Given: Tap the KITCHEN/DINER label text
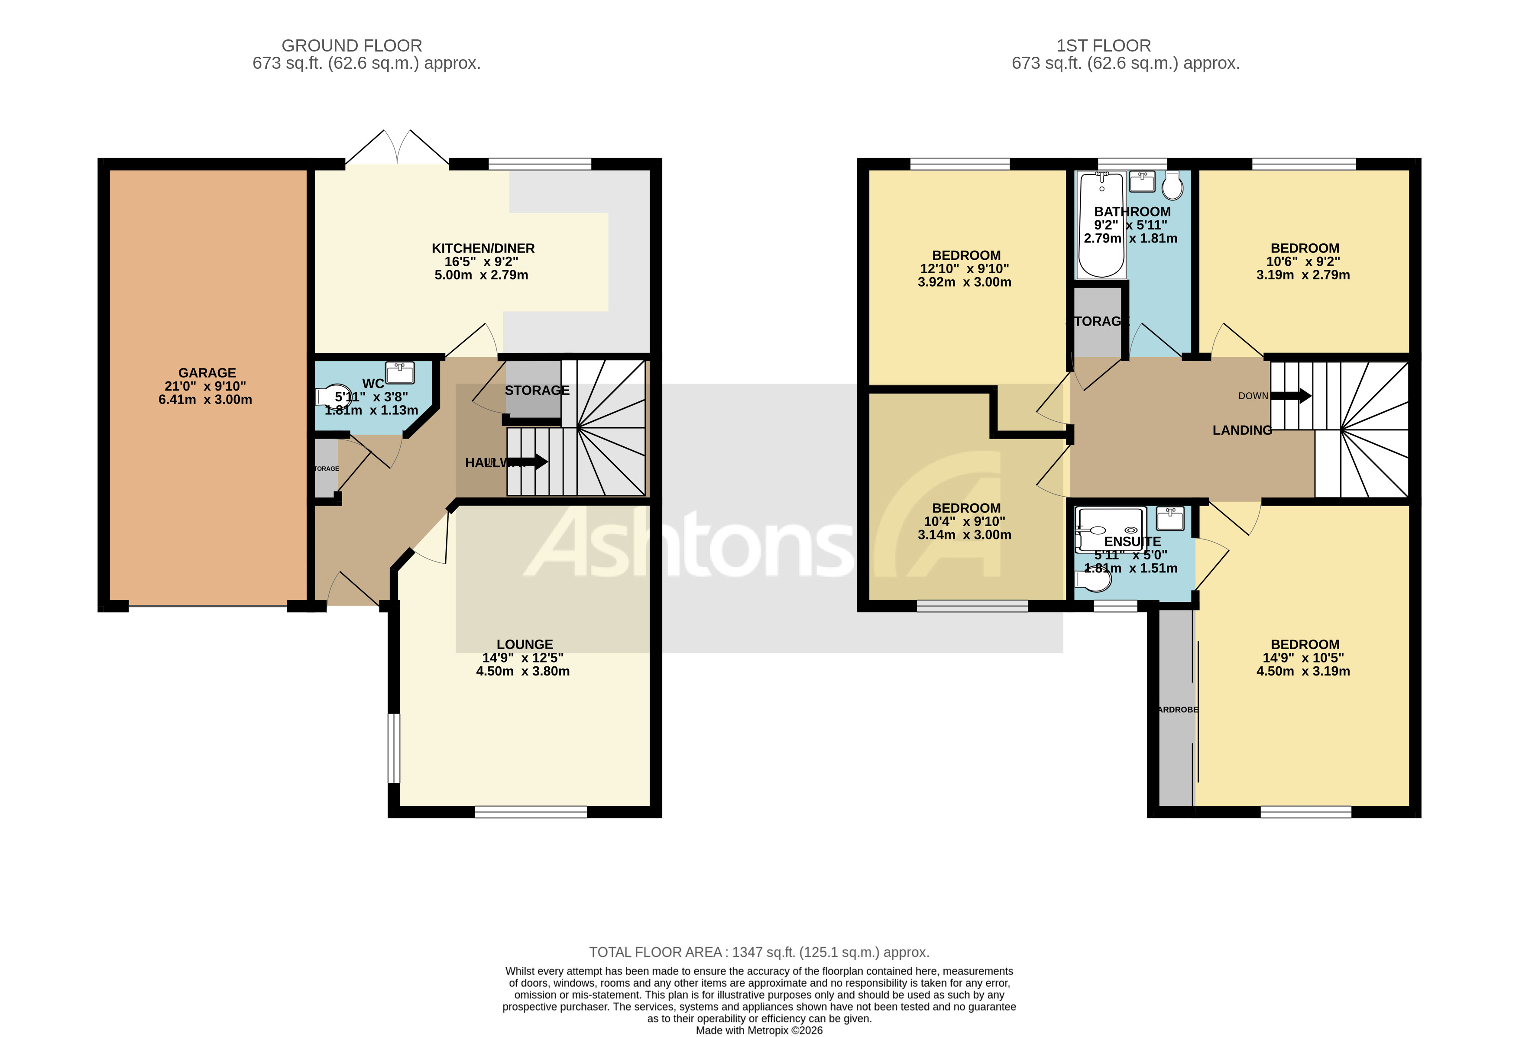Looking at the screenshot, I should click(483, 248).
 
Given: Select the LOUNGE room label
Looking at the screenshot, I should click(524, 644).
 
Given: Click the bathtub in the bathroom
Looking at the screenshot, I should click(1101, 226).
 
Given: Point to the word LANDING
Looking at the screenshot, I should click(1242, 430).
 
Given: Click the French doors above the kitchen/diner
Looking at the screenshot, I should click(397, 148).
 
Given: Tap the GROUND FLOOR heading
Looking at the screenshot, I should click(352, 46).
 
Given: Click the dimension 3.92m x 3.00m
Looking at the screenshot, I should click(964, 282).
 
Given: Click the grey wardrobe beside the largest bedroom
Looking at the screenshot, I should click(1176, 709).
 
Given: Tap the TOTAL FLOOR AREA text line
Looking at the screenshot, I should click(759, 952).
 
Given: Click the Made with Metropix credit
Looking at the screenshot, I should click(759, 1031).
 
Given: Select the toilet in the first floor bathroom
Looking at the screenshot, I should click(1172, 186).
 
